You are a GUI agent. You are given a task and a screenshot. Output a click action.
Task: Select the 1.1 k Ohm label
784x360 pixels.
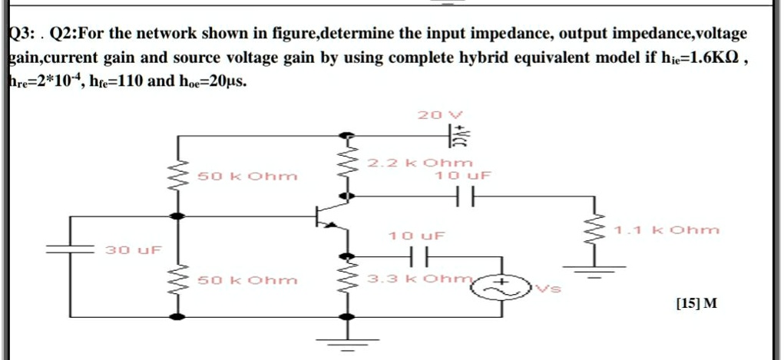(667, 229)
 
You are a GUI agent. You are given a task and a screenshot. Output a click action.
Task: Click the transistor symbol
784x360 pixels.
(326, 217)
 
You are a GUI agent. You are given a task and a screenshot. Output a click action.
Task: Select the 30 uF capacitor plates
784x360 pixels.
(70, 249)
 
